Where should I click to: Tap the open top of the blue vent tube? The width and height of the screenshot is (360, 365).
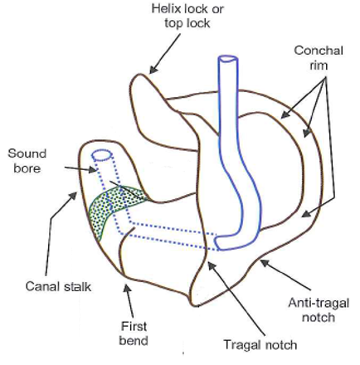(x=227, y=61)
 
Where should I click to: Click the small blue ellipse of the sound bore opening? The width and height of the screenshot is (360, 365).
(x=102, y=155)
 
